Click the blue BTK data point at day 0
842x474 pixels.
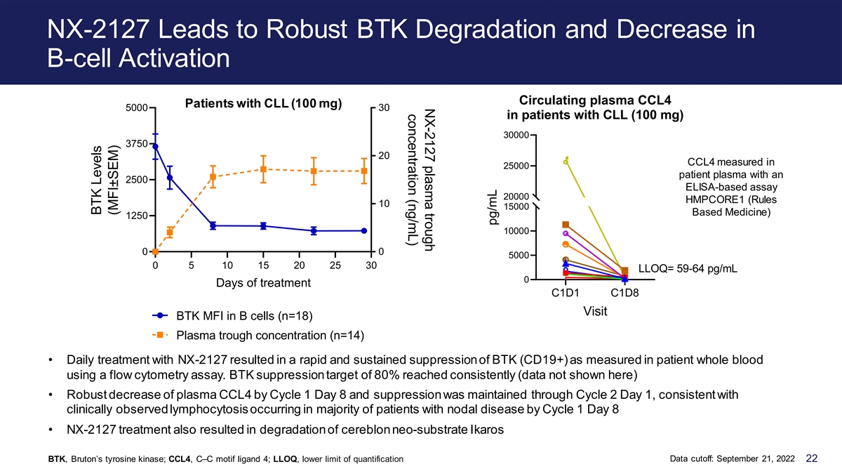pos(155,146)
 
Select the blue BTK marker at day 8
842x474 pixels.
pos(213,225)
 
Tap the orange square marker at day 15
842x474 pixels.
pos(264,169)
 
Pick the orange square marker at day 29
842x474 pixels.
pos(364,171)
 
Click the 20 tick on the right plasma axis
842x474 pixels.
pos(384,155)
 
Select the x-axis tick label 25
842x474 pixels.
pos(335,265)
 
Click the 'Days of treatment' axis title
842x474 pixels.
pos(263,283)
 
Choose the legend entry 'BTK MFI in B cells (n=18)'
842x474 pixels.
pos(244,315)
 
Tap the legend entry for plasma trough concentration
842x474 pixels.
pos(270,335)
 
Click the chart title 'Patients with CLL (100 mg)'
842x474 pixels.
pos(264,103)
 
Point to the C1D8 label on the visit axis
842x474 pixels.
pos(624,293)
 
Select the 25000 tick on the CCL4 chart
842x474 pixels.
pos(516,166)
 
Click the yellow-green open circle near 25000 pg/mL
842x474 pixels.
pos(566,162)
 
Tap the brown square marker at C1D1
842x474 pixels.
pos(566,225)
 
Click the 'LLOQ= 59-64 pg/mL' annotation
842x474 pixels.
pos(688,268)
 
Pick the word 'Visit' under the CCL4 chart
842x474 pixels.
pos(595,312)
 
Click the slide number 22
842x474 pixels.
pos(812,458)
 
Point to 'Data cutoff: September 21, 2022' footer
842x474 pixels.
pos(733,459)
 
